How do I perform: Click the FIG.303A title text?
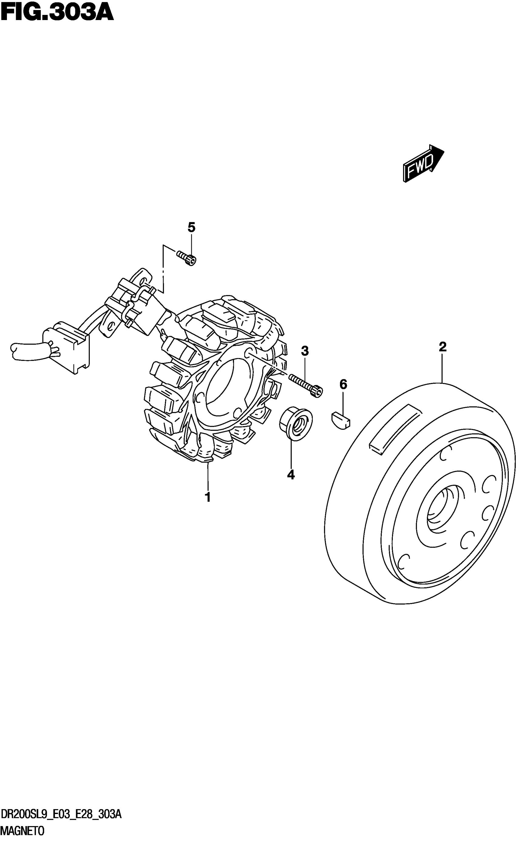[x=57, y=13]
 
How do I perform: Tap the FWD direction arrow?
[x=423, y=163]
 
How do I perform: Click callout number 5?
[x=192, y=227]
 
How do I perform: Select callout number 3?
[x=305, y=351]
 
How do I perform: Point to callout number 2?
[x=442, y=347]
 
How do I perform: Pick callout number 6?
[x=343, y=384]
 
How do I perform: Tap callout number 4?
[x=291, y=475]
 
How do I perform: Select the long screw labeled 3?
[x=306, y=385]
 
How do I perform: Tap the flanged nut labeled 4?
[x=295, y=423]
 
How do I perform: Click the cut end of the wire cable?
[x=14, y=349]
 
